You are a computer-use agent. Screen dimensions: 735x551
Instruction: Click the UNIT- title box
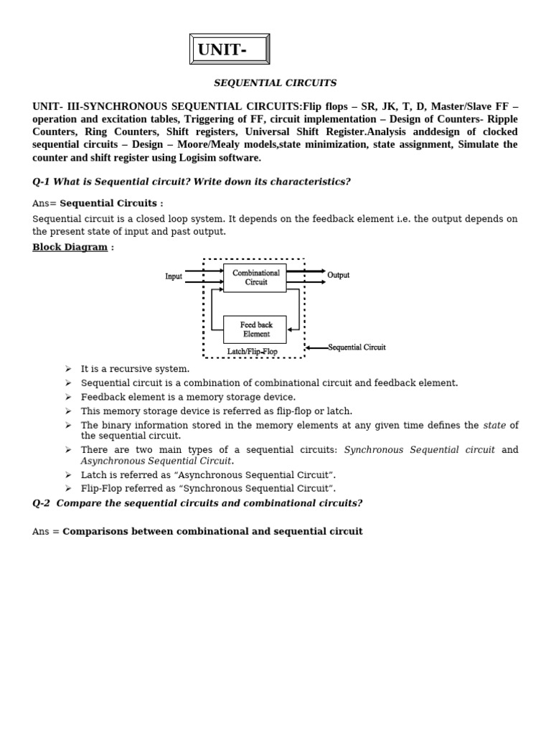click(230, 50)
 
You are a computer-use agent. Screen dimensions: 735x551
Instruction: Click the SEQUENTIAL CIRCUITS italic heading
click(275, 83)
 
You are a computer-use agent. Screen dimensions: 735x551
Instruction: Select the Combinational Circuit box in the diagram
click(255, 278)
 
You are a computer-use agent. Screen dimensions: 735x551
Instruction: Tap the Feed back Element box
click(255, 329)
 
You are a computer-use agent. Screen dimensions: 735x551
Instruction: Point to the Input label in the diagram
click(174, 276)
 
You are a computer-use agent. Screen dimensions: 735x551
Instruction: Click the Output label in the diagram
click(338, 275)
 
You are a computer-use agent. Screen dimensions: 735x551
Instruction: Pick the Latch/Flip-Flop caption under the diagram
click(252, 352)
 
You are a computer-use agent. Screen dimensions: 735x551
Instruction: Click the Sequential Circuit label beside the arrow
click(357, 347)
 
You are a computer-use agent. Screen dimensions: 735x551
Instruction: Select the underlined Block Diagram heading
click(70, 248)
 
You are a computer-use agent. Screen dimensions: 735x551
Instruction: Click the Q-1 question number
click(42, 182)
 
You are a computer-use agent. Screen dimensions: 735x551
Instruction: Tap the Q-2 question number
click(42, 503)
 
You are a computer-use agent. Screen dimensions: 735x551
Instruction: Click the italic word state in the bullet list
click(494, 426)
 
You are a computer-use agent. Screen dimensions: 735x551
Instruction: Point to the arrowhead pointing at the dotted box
click(309, 347)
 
